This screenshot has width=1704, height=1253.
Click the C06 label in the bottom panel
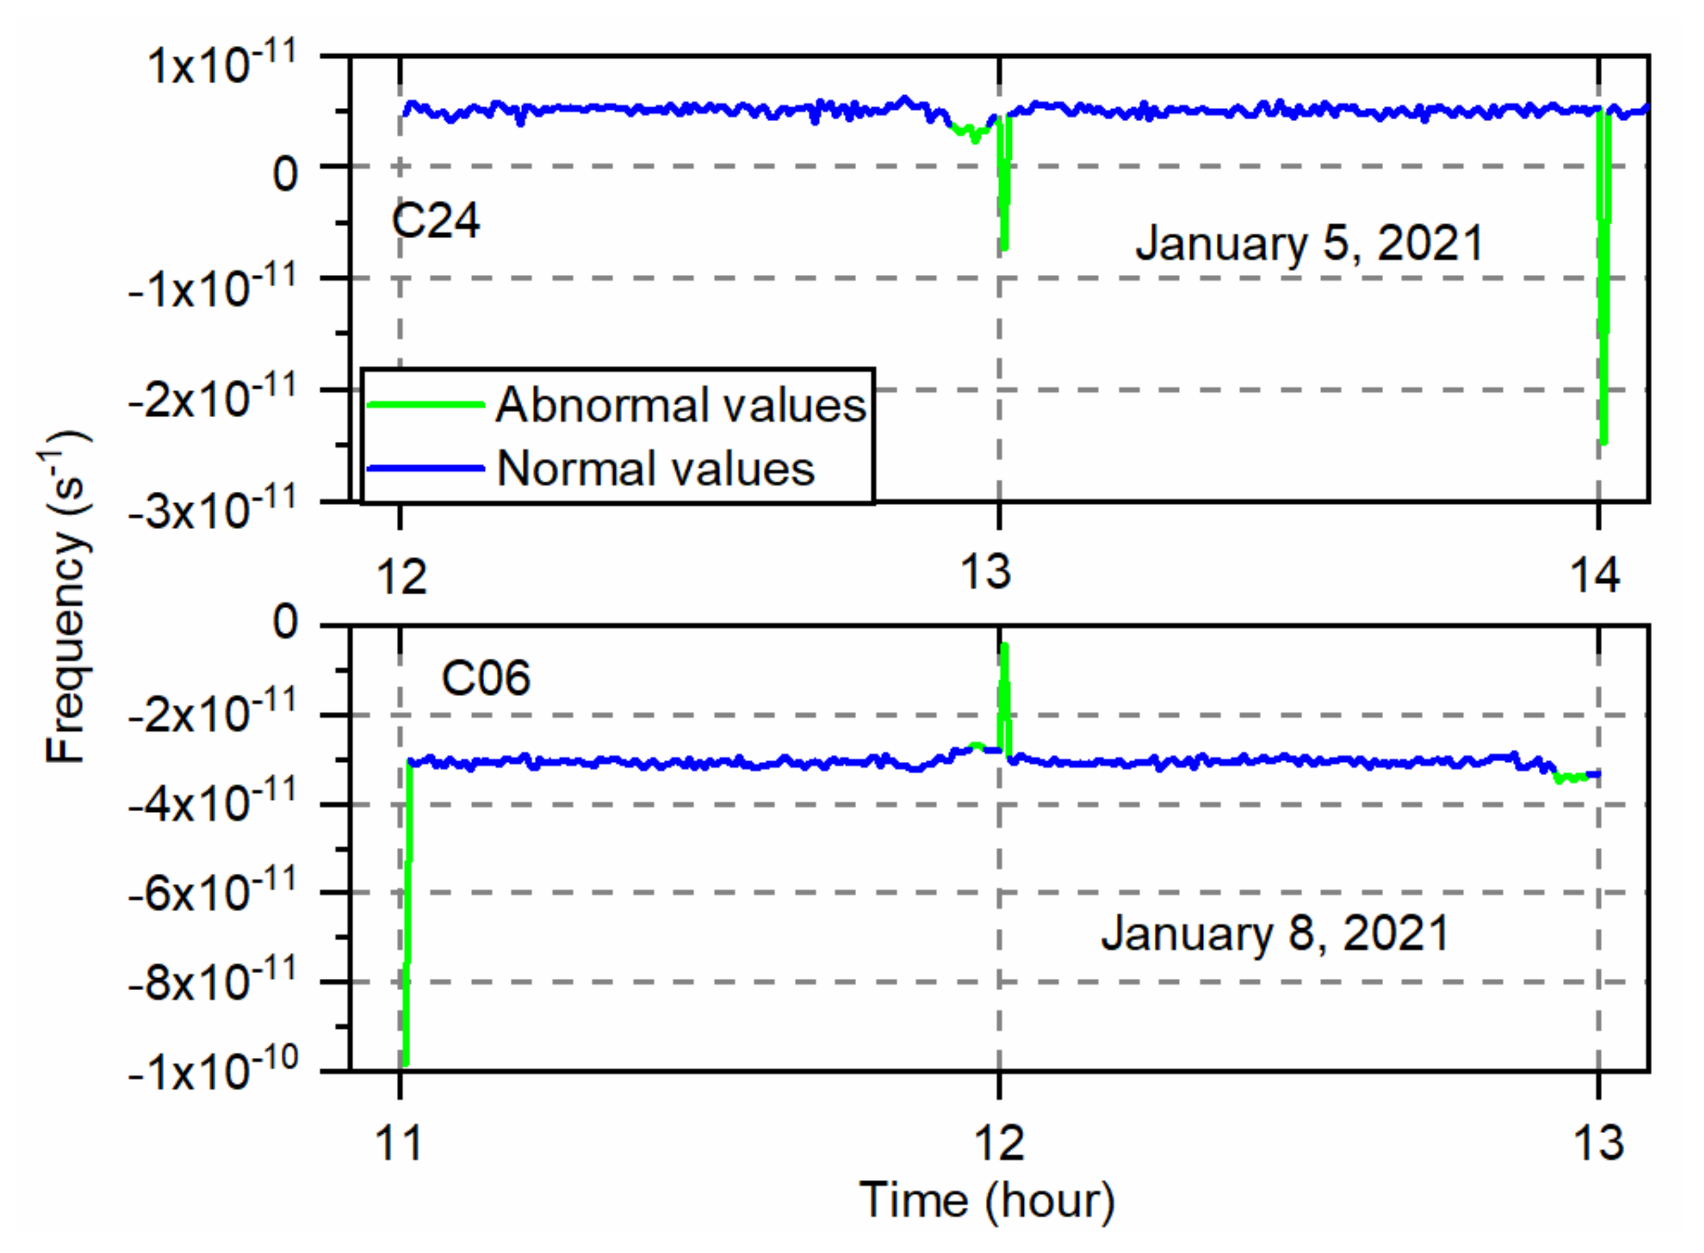click(485, 677)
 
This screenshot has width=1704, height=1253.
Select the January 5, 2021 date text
click(1308, 243)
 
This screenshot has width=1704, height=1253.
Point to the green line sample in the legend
click(426, 405)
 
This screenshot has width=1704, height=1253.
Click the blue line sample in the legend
click(426, 468)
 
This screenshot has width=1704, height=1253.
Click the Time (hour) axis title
click(986, 1201)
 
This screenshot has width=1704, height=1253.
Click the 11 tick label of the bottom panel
click(399, 1143)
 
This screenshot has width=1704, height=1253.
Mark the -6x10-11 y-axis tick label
click(212, 893)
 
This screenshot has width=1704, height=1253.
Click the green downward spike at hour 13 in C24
click(1005, 197)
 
